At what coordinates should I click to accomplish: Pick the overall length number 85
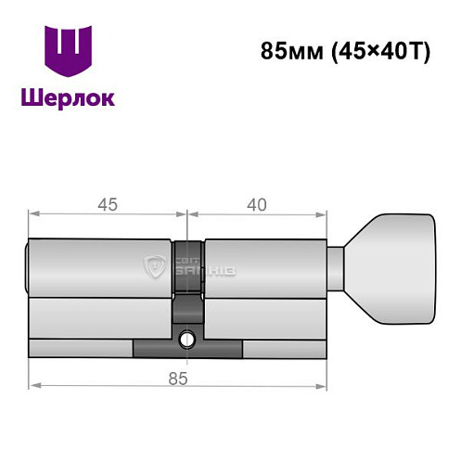point(178,377)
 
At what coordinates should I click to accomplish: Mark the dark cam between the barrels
point(188,278)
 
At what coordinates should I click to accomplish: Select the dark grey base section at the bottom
point(188,350)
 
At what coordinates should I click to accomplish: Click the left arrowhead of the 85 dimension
point(34,384)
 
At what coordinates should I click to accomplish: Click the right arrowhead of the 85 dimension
point(325,384)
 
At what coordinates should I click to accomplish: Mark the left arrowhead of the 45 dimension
point(34,214)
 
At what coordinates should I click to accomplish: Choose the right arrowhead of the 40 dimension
point(325,214)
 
